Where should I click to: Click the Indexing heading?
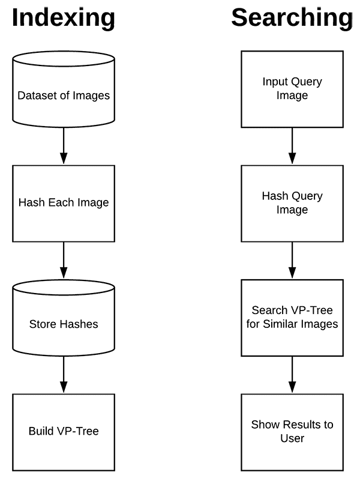pyautogui.click(x=64, y=19)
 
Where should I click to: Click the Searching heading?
pyautogui.click(x=292, y=19)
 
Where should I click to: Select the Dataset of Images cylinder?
pyautogui.click(x=64, y=89)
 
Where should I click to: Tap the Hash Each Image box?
pyautogui.click(x=64, y=204)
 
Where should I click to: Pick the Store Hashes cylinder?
pyautogui.click(x=64, y=318)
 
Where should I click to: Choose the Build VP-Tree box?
pyautogui.click(x=64, y=432)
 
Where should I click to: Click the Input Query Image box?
pyautogui.click(x=292, y=89)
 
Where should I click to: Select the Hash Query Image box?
pyautogui.click(x=292, y=204)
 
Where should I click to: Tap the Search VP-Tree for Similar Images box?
pyautogui.click(x=292, y=318)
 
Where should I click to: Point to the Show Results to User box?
pyautogui.click(x=292, y=432)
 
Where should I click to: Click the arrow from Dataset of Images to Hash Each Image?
pyautogui.click(x=64, y=146)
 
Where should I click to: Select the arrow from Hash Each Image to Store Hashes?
pyautogui.click(x=64, y=261)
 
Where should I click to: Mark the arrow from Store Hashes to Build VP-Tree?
pyautogui.click(x=64, y=375)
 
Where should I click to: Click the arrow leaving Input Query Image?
pyautogui.click(x=292, y=146)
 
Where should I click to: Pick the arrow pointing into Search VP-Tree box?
pyautogui.click(x=292, y=261)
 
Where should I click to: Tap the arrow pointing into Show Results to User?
pyautogui.click(x=292, y=375)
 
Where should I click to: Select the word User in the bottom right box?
pyautogui.click(x=292, y=438)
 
